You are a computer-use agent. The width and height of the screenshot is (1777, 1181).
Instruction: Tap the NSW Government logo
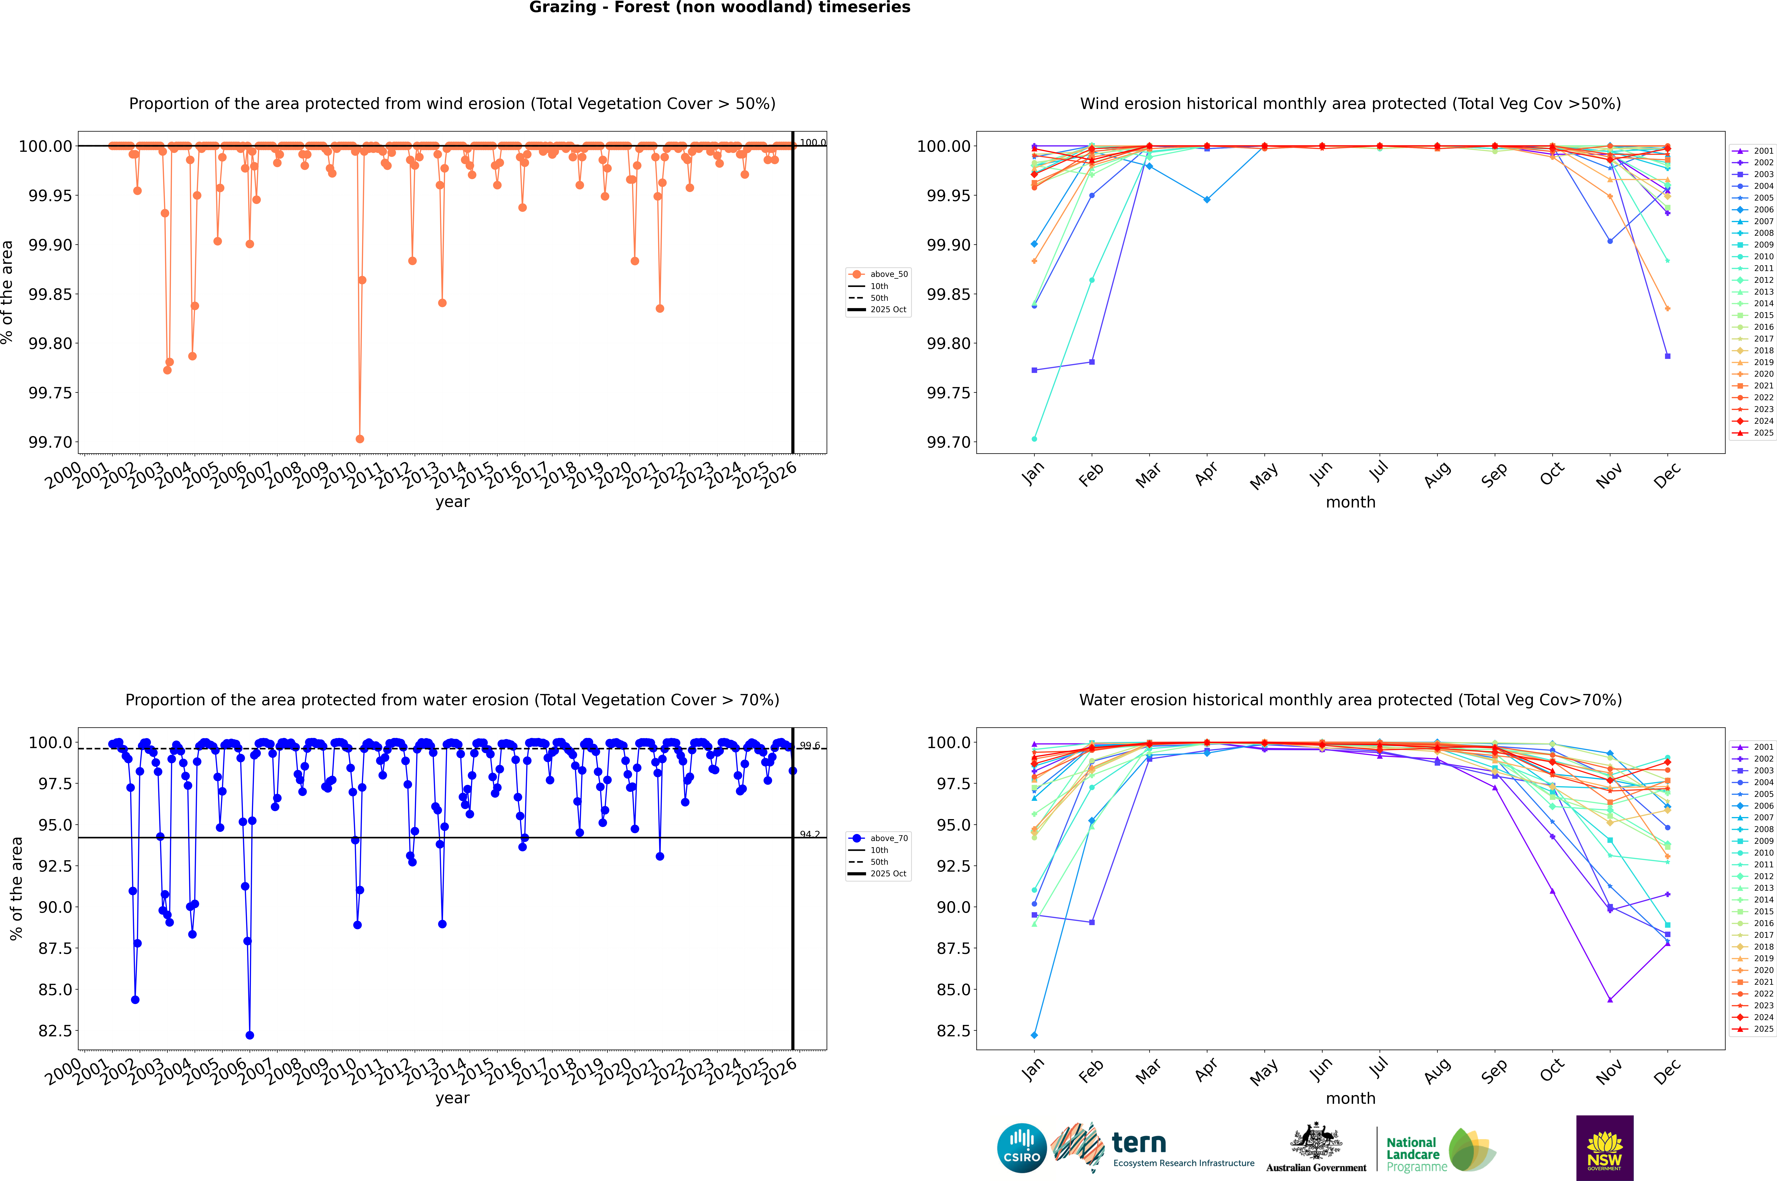tap(1604, 1148)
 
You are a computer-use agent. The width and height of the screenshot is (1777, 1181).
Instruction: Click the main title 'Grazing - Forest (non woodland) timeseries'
tap(719, 7)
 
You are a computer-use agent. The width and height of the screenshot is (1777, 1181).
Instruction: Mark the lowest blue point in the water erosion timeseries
tap(249, 1035)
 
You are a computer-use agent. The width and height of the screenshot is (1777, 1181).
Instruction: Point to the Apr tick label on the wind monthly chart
tap(1205, 474)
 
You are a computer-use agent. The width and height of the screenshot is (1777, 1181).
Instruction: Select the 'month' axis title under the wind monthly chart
tap(1350, 502)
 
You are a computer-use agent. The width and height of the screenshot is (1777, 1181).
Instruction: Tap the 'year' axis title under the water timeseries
tap(452, 1098)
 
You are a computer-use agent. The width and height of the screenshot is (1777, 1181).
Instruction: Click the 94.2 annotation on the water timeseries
tap(809, 834)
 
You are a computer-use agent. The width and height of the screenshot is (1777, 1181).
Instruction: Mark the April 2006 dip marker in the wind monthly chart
tap(1207, 200)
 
